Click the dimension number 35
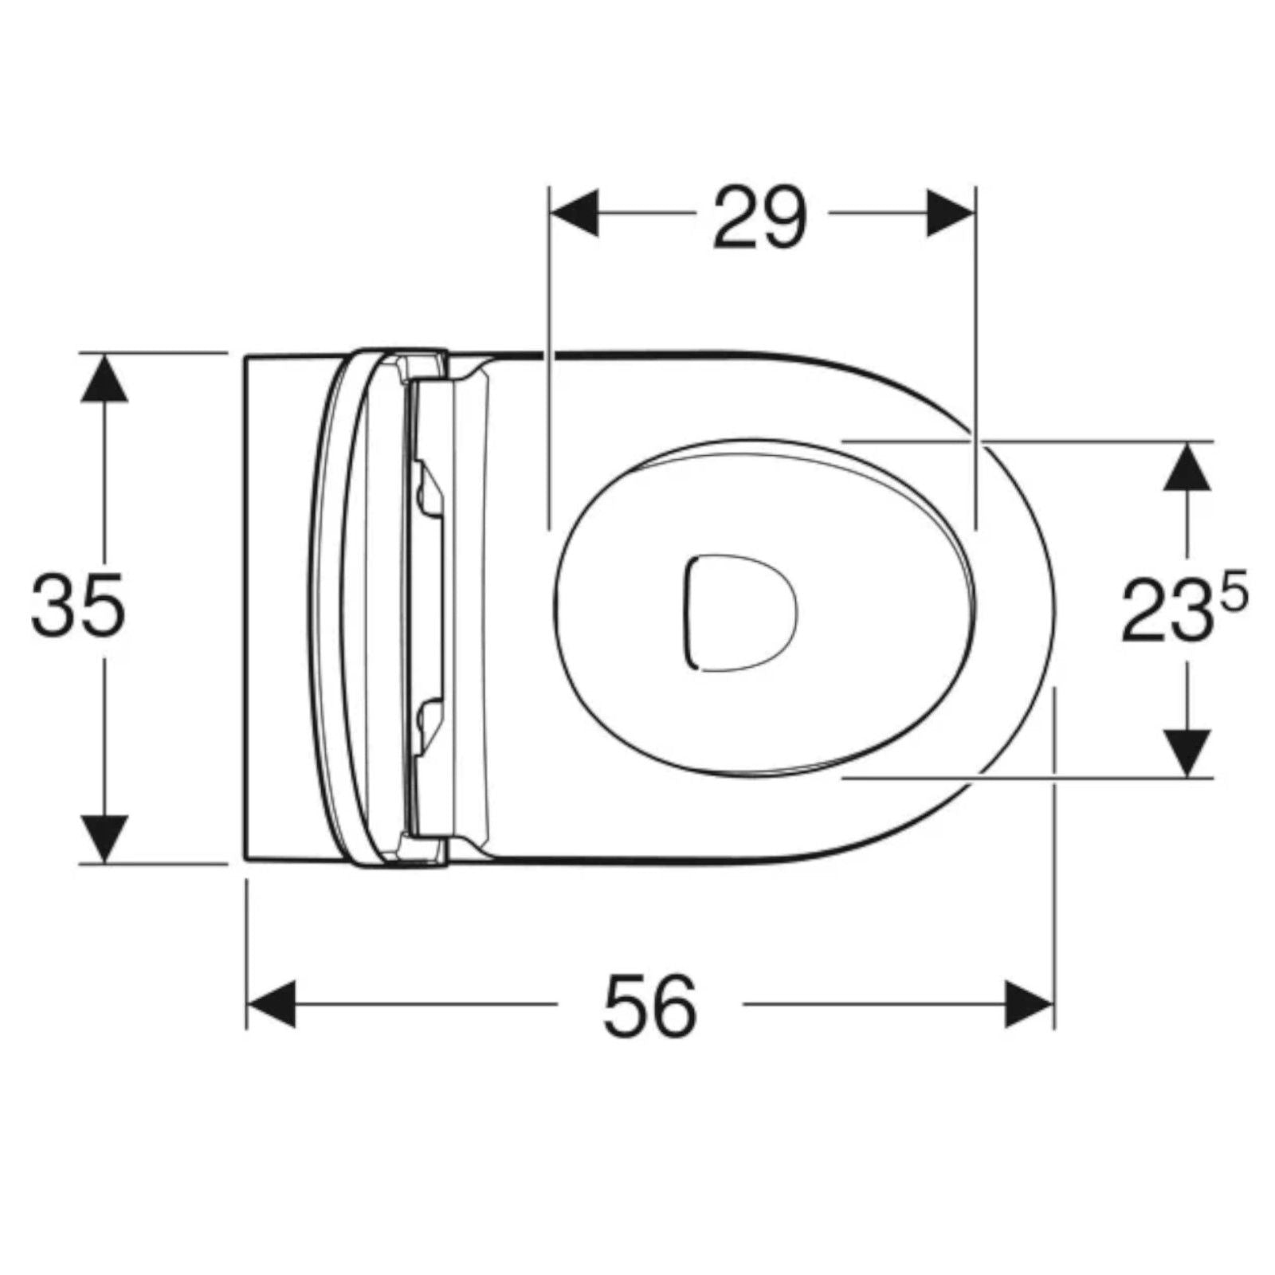[78, 605]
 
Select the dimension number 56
[649, 1005]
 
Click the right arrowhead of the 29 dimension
[950, 214]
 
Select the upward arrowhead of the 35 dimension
[104, 379]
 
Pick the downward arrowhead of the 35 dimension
[104, 837]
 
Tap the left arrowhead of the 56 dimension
[271, 1004]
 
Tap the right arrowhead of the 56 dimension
[1029, 1004]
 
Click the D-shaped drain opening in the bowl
[739, 612]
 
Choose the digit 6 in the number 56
[675, 1005]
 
